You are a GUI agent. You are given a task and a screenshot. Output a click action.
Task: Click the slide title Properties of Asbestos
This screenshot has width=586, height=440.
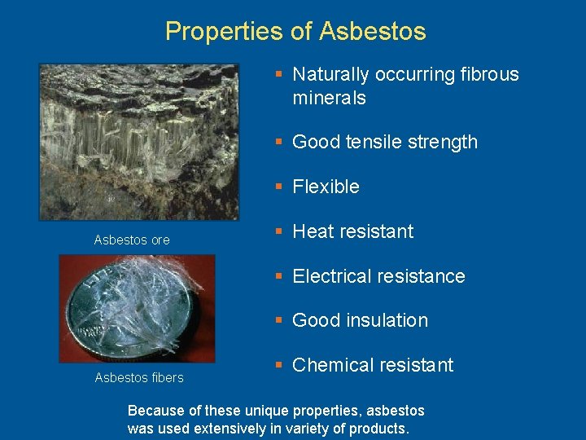pyautogui.click(x=295, y=32)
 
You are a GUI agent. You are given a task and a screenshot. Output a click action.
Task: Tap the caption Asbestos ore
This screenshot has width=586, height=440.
pyautogui.click(x=132, y=240)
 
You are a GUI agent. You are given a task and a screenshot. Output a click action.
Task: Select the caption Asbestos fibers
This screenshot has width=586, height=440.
pyautogui.click(x=139, y=377)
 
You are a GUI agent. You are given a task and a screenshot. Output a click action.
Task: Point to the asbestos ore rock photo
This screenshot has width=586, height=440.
pyautogui.click(x=139, y=142)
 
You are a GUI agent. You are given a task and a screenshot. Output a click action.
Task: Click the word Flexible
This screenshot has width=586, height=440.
pyautogui.click(x=326, y=187)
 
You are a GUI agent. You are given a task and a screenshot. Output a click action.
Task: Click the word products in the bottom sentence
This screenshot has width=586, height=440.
pyautogui.click(x=379, y=429)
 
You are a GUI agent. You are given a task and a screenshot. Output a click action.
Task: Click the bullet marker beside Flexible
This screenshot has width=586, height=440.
pyautogui.click(x=278, y=187)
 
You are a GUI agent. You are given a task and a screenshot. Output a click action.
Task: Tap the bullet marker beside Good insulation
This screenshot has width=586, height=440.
pyautogui.click(x=278, y=320)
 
